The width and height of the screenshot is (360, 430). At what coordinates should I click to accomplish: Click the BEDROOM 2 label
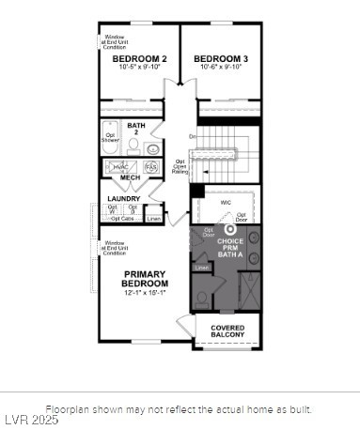pyautogui.click(x=133, y=58)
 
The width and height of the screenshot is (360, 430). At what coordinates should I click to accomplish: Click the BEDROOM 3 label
pyautogui.click(x=219, y=58)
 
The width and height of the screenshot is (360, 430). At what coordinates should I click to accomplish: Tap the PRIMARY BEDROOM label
pyautogui.click(x=145, y=279)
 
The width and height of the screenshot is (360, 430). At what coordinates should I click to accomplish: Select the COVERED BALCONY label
pyautogui.click(x=227, y=330)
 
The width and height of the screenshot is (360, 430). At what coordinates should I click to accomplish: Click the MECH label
pyautogui.click(x=130, y=177)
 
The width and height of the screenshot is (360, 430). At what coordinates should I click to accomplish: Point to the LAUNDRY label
pyautogui.click(x=124, y=198)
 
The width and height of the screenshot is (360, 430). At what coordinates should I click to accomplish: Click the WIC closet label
pyautogui.click(x=225, y=201)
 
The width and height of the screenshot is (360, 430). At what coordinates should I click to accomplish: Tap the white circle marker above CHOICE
pyautogui.click(x=229, y=229)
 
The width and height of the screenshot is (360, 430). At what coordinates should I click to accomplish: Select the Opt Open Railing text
pyautogui.click(x=180, y=166)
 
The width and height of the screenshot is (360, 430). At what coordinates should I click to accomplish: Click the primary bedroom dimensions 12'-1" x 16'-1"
pyautogui.click(x=145, y=293)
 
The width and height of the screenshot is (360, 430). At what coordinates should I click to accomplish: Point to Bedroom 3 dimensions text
pyautogui.click(x=219, y=68)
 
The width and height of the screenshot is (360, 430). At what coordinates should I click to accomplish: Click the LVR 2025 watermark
pyautogui.click(x=30, y=420)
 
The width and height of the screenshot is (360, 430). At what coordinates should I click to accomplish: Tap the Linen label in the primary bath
pyautogui.click(x=202, y=268)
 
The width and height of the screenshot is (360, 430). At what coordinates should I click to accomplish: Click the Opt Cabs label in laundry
pyautogui.click(x=122, y=219)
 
